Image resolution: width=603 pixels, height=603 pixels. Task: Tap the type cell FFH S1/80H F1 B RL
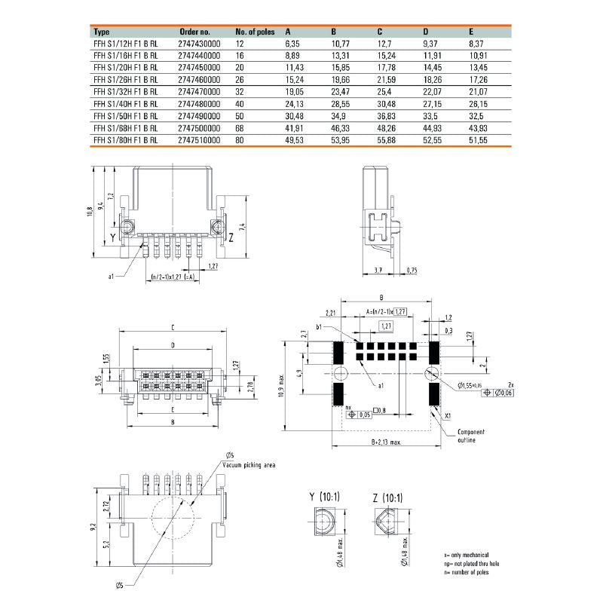tap(125, 140)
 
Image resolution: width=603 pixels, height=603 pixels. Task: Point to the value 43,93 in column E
tap(480, 128)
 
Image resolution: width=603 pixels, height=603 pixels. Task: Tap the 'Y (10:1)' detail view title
tap(324, 497)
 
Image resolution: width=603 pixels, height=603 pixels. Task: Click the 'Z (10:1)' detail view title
tap(387, 497)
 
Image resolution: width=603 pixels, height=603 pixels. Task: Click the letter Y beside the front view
tap(113, 237)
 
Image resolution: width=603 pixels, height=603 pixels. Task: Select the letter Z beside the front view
tap(231, 237)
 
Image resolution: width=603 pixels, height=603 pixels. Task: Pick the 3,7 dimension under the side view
tap(378, 269)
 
